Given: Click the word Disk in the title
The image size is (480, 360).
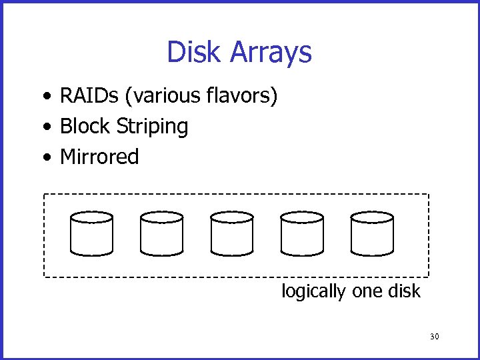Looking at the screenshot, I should pyautogui.click(x=193, y=52).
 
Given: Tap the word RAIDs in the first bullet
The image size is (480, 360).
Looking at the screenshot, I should pyautogui.click(x=89, y=96).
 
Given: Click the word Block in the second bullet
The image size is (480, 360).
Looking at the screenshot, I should pyautogui.click(x=85, y=126).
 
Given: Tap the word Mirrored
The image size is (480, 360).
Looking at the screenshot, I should pyautogui.click(x=99, y=157).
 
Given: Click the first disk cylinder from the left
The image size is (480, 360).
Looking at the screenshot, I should pyautogui.click(x=92, y=234).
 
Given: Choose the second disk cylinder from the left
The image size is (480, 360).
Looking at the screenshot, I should pyautogui.click(x=162, y=234).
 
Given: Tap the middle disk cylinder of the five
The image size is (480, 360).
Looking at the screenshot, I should pyautogui.click(x=232, y=234).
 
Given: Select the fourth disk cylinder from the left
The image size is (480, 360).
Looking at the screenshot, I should pyautogui.click(x=302, y=234).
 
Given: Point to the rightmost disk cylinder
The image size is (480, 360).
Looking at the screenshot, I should pyautogui.click(x=372, y=234).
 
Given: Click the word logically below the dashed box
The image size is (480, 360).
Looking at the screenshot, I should pyautogui.click(x=314, y=292).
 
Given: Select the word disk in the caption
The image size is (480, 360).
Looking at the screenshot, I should pyautogui.click(x=405, y=291).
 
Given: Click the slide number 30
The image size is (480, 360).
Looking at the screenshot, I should pyautogui.click(x=435, y=337).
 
